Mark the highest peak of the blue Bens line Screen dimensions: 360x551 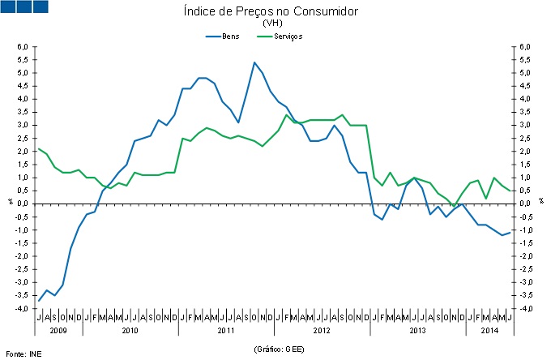click(x=254, y=62)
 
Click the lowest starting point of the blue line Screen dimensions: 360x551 click(x=39, y=301)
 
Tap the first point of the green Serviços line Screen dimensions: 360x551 click(x=39, y=148)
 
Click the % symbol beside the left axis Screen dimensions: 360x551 click(x=10, y=200)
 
